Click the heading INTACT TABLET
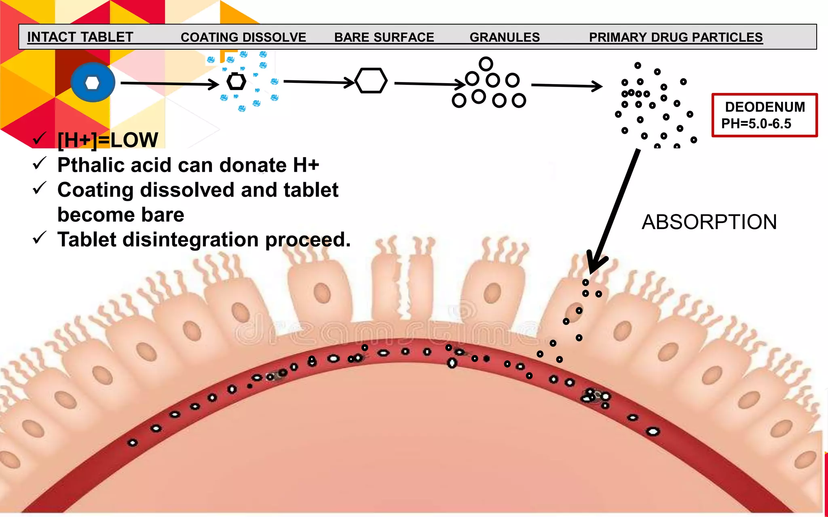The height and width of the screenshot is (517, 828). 80,37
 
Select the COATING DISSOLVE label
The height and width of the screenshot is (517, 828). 243,37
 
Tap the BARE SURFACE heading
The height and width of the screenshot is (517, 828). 384,37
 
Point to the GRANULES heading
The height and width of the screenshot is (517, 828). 505,37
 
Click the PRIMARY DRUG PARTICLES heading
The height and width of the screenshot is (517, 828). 676,37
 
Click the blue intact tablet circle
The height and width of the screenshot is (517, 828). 93,82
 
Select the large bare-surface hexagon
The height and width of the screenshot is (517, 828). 371,81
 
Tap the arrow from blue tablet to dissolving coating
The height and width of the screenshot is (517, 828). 170,84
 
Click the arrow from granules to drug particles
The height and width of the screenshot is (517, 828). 566,86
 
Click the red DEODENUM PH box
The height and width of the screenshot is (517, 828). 764,115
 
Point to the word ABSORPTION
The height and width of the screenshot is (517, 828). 709,222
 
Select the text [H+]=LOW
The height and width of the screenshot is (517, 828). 108,140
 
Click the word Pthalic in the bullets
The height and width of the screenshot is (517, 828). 86,165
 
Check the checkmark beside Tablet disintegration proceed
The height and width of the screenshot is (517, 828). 40,237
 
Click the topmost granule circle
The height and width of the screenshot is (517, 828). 486,64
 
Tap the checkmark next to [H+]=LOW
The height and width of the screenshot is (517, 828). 40,139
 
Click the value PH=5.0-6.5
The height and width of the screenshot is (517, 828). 756,124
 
